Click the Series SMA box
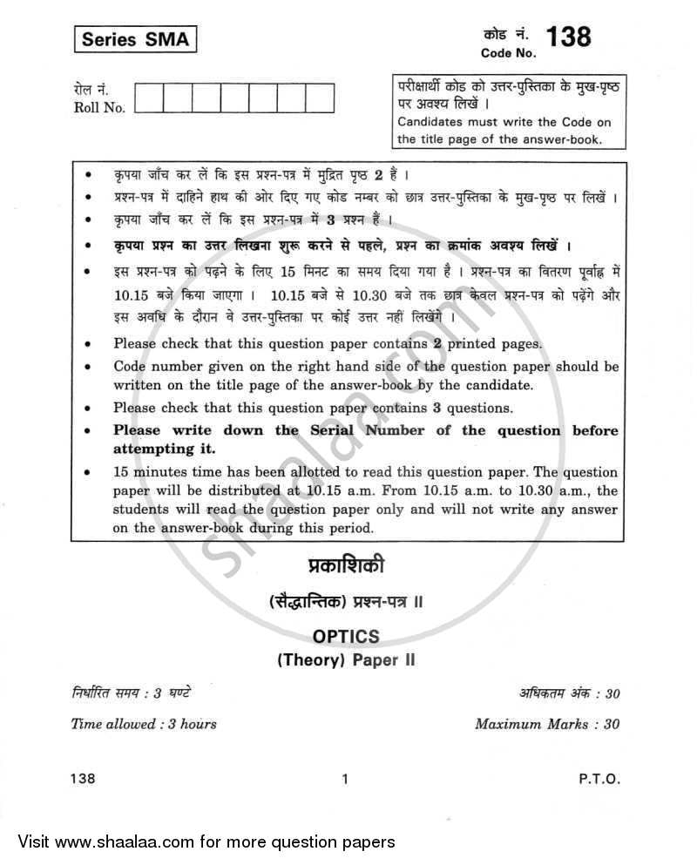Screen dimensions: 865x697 tap(134, 39)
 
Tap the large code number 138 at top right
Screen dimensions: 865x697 tap(567, 36)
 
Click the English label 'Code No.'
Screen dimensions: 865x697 tap(509, 53)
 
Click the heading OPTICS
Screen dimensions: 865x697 tap(346, 638)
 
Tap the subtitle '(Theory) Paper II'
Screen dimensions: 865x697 tap(346, 659)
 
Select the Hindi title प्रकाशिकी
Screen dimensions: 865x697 tap(346, 568)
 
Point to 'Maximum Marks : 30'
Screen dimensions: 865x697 tap(547, 723)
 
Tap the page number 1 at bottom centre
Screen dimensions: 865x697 tap(346, 780)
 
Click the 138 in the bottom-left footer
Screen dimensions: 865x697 tap(84, 780)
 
